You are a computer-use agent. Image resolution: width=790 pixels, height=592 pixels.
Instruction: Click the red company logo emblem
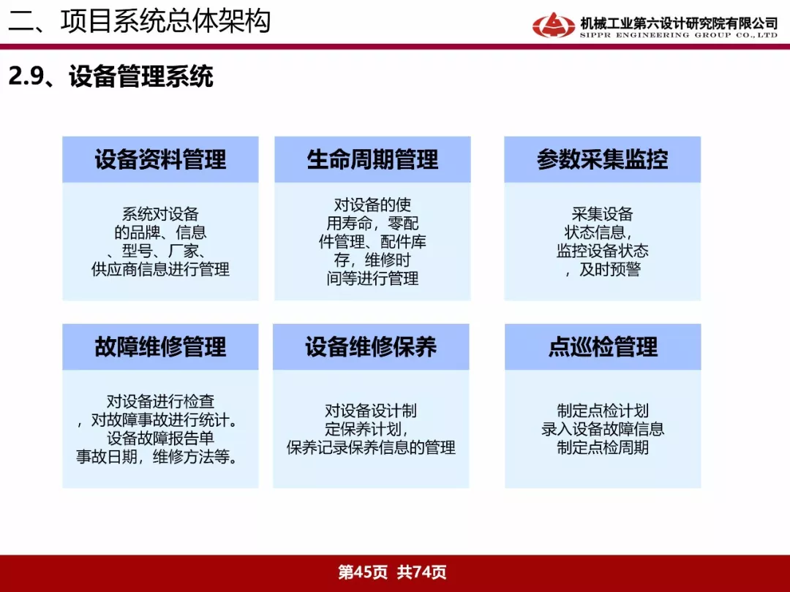point(553,25)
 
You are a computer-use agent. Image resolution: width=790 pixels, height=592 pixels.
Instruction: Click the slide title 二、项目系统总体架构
point(140,21)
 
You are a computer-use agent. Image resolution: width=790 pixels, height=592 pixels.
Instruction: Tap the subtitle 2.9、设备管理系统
point(111,77)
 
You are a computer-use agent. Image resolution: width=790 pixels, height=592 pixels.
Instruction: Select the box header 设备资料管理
point(160,159)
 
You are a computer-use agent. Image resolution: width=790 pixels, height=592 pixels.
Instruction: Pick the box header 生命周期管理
point(372,159)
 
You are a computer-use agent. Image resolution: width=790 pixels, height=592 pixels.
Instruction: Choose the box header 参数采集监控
point(602,159)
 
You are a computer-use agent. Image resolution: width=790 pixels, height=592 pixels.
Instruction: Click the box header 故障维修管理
point(160,347)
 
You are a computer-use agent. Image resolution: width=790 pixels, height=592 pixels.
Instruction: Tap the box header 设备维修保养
point(371,347)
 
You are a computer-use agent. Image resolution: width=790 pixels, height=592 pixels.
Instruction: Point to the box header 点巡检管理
point(603,347)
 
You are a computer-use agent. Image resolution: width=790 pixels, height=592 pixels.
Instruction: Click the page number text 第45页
point(363,572)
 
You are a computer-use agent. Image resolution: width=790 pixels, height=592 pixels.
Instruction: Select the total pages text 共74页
point(422,572)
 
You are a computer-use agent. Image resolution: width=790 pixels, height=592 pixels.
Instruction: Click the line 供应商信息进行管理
point(160,269)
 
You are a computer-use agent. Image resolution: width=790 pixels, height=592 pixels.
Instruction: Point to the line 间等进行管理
point(372,278)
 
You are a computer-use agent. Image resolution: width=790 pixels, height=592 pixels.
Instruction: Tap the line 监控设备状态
point(602,251)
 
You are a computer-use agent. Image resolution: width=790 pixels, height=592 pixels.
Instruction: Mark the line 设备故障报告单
point(160,438)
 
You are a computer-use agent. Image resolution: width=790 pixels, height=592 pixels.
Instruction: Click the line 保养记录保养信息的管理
point(371,447)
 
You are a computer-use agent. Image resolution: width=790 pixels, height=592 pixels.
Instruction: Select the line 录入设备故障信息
point(603,429)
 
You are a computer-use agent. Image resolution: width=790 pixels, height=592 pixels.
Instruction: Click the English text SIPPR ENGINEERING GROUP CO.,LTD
point(678,35)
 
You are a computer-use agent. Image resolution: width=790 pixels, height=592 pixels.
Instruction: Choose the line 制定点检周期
point(603,447)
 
